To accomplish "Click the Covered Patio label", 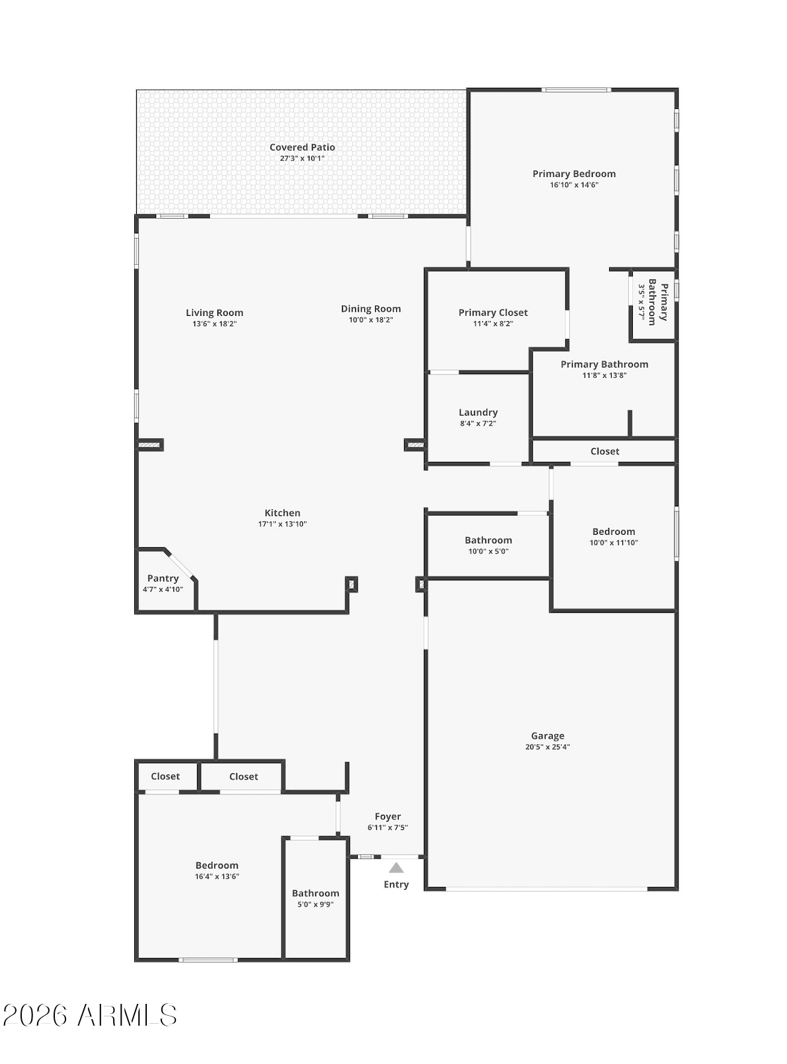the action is [x=302, y=147].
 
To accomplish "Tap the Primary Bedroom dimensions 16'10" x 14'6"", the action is [x=574, y=184].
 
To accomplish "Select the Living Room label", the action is [x=215, y=313].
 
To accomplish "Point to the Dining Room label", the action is [x=371, y=309].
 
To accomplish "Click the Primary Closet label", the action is [x=493, y=313].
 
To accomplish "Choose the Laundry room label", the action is [x=478, y=412].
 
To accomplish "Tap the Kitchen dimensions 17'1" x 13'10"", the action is [x=282, y=524].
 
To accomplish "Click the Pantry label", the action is [x=163, y=578].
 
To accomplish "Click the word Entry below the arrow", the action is [x=396, y=885].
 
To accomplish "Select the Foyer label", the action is [x=388, y=816].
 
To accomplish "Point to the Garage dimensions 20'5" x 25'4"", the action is [x=548, y=747].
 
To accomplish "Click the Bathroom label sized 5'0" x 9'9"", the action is [x=315, y=893].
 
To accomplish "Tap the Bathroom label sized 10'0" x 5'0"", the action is [x=488, y=540].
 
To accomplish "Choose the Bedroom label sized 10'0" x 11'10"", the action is [x=614, y=531].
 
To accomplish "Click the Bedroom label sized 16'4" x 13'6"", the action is [x=217, y=865].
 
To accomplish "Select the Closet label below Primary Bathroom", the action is [x=605, y=451].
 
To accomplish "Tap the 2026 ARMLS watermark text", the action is [x=90, y=1015].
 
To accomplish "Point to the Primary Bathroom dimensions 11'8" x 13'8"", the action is [x=604, y=375].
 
